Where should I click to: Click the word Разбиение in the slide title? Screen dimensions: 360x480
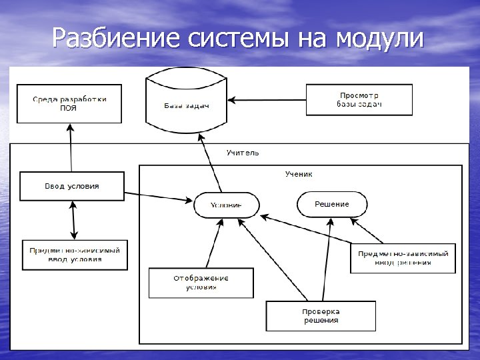[x=113, y=38]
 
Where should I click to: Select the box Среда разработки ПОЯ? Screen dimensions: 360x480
[x=69, y=103]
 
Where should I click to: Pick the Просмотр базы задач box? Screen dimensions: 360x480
[x=359, y=100]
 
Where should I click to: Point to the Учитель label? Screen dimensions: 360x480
[x=243, y=153]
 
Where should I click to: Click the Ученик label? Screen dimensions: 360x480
[x=299, y=174]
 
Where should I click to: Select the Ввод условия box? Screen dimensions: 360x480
[x=72, y=186]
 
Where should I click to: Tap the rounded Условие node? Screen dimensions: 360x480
[x=226, y=205]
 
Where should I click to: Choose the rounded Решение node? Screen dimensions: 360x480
[x=331, y=204]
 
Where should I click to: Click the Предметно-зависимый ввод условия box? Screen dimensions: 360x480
[x=75, y=255]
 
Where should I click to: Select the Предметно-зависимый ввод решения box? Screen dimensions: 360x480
[x=403, y=257]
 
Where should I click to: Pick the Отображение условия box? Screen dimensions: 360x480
[x=201, y=283]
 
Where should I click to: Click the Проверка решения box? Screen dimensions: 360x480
[x=321, y=316]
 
